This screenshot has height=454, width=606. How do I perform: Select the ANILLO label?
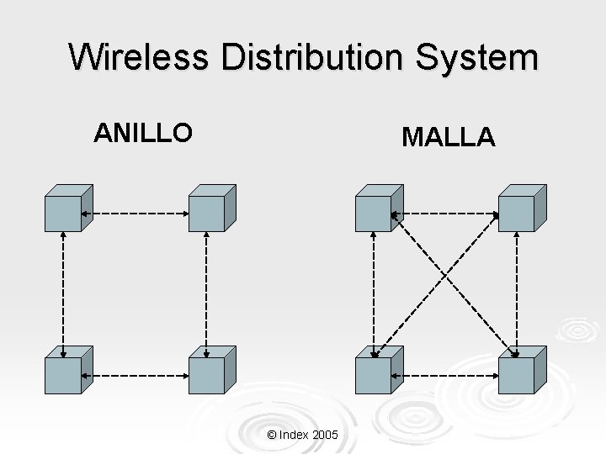pos(143,132)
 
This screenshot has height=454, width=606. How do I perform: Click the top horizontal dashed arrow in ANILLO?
pos(135,214)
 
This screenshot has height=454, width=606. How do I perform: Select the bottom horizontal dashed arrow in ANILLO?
pos(135,375)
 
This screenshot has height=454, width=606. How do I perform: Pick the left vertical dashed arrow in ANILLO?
pos(63,290)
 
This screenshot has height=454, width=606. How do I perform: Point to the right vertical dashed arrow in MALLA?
pos(517,290)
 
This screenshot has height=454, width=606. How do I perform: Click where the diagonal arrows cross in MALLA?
pos(445,280)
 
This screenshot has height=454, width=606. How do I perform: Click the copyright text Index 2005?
pos(302,435)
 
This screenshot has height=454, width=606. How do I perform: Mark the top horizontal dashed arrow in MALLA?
pos(445,214)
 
